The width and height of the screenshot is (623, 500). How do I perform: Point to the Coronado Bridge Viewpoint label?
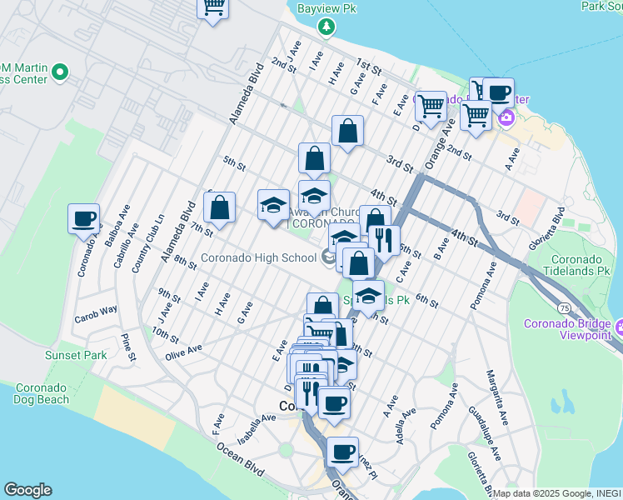coord(571,330)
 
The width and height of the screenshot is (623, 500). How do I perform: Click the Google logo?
coord(27,490)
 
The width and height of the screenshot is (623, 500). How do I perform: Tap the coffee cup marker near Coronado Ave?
coord(83,220)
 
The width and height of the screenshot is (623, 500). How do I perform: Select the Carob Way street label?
coord(97,312)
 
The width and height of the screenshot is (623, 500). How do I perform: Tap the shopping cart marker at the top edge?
coord(213,7)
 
